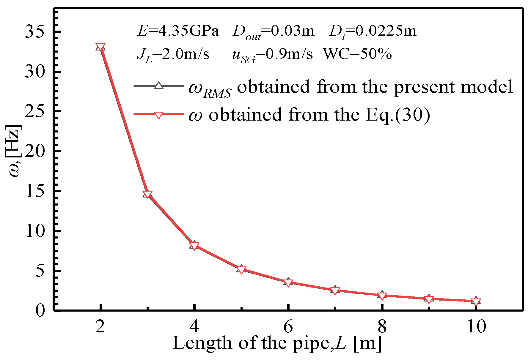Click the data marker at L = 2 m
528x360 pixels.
(100, 47)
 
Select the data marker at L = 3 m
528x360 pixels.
(147, 194)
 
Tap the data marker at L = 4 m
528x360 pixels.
(194, 246)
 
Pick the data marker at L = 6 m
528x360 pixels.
(288, 282)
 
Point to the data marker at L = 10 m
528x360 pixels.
(476, 301)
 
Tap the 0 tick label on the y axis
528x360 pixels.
(40, 311)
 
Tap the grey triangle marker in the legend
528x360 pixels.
(159, 86)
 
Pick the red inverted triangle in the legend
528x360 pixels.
(159, 115)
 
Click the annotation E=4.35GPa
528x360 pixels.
(178, 31)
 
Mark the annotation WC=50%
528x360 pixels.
(357, 54)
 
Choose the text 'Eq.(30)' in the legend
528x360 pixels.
(398, 115)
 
